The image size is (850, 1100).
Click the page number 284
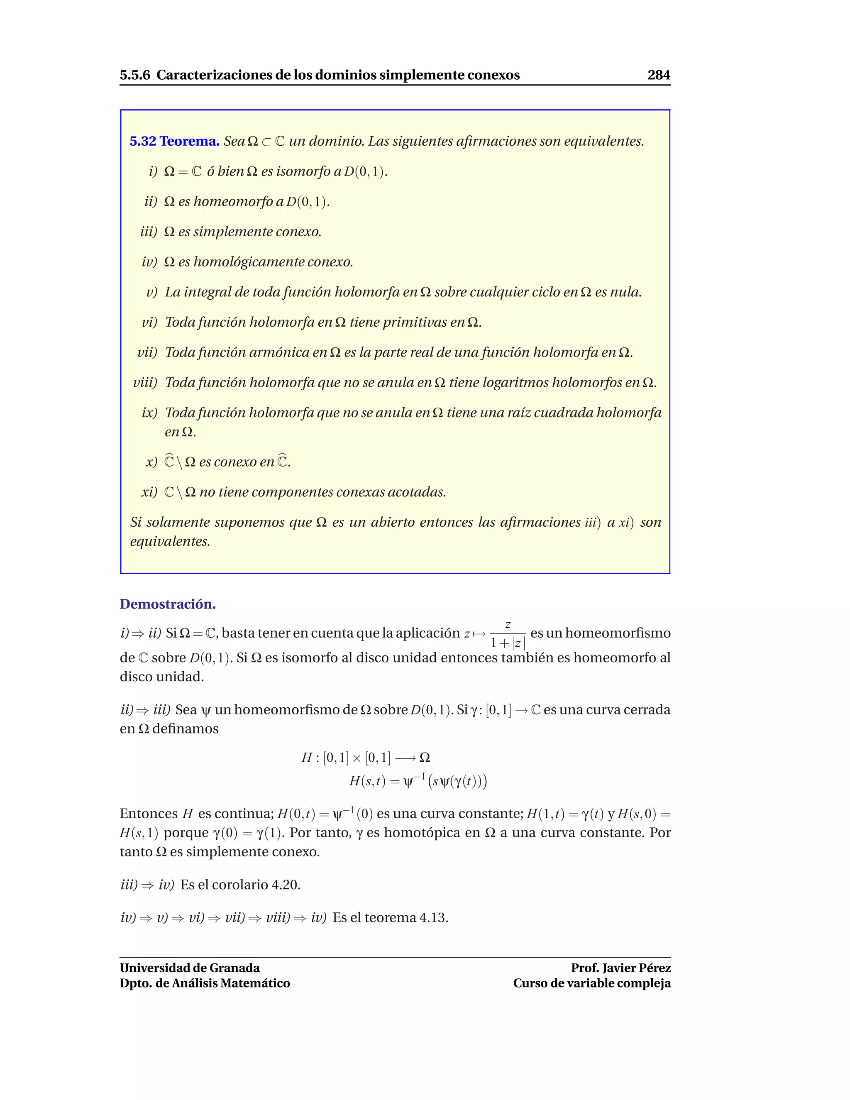[659, 75]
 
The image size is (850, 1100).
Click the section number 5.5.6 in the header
[135, 75]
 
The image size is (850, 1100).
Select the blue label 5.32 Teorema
[174, 141]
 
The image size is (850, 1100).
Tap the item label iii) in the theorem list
[149, 232]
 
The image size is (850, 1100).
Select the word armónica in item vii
[279, 352]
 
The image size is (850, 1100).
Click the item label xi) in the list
[149, 492]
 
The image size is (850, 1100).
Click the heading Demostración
[168, 604]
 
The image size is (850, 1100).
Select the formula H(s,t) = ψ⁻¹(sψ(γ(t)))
[418, 781]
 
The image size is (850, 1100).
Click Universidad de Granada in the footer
[189, 968]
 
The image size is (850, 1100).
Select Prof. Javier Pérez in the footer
[620, 968]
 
